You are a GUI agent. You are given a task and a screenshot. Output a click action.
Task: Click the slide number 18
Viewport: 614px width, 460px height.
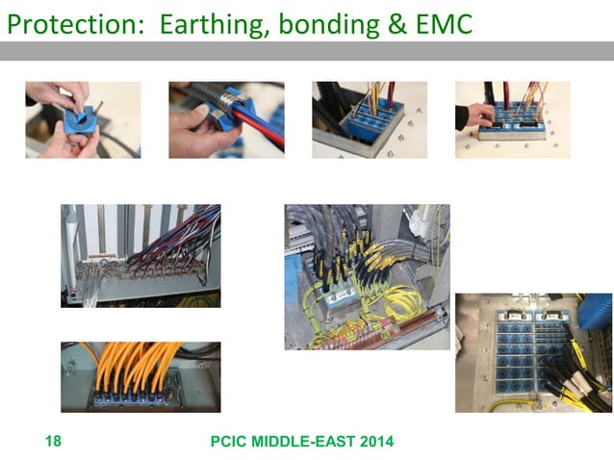(53, 442)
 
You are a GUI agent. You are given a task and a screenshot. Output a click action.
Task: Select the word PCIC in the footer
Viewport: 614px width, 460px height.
(232, 442)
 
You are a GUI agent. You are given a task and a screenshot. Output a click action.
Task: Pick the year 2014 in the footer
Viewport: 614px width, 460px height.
(374, 442)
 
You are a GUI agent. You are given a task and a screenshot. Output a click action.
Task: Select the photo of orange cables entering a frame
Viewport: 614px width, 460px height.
(141, 376)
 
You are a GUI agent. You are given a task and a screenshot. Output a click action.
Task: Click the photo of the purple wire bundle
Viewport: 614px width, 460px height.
(141, 255)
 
